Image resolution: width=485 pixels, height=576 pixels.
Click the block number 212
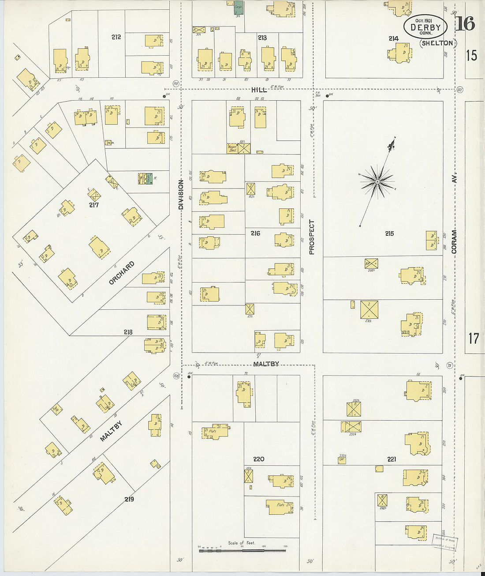[x=116, y=37]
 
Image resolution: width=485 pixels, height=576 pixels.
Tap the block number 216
[x=255, y=233]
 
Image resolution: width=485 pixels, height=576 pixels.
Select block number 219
[x=129, y=499]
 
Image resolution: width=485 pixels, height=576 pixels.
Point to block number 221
[x=392, y=459]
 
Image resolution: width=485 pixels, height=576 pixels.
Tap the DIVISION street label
[x=180, y=194]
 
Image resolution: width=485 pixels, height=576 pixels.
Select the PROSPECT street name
[x=312, y=237]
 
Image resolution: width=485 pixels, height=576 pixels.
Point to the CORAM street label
[x=454, y=241]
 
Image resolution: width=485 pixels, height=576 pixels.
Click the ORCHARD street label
[x=121, y=273]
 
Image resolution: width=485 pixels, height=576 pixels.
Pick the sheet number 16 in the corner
[x=466, y=24]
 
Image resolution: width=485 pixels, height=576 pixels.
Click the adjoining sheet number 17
[x=473, y=339]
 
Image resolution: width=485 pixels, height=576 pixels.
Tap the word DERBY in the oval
[x=425, y=27]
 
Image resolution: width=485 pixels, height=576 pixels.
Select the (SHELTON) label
[x=437, y=43]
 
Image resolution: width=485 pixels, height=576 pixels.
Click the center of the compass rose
[x=377, y=181]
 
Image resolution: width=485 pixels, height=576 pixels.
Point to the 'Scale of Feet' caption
[x=242, y=543]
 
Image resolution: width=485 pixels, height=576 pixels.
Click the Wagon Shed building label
[x=232, y=148]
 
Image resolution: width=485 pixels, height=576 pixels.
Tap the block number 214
[x=393, y=39]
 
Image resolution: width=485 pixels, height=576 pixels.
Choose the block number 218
[x=128, y=332]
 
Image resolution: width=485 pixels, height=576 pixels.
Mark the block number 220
[x=259, y=459]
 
